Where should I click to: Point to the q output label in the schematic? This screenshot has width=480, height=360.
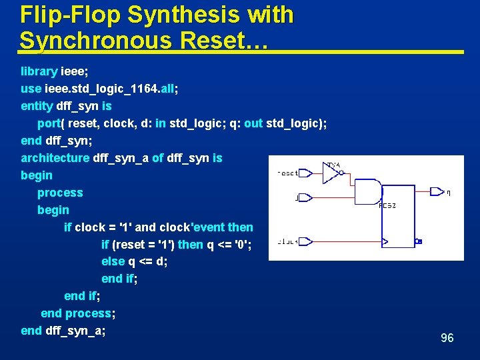[449, 193]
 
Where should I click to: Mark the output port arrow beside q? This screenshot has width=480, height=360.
[437, 191]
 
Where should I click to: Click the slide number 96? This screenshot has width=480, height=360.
[447, 338]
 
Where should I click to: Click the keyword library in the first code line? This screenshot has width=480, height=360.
[39, 71]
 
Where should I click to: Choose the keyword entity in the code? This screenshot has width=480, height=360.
[37, 106]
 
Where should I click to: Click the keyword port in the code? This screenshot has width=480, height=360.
[49, 123]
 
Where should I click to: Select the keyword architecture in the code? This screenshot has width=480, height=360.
[55, 158]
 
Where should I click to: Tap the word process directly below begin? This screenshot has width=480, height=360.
[60, 193]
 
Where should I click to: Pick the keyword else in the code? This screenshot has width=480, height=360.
[113, 261]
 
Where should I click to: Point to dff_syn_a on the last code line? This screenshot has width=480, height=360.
[73, 331]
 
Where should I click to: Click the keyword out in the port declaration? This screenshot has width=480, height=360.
[253, 123]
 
